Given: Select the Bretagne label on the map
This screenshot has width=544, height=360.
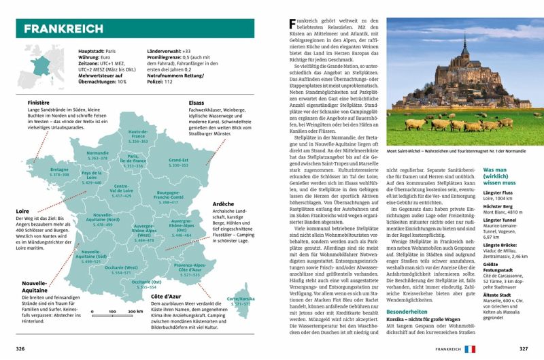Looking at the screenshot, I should point(60,169).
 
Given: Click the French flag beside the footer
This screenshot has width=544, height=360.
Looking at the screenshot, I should point(469,349).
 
